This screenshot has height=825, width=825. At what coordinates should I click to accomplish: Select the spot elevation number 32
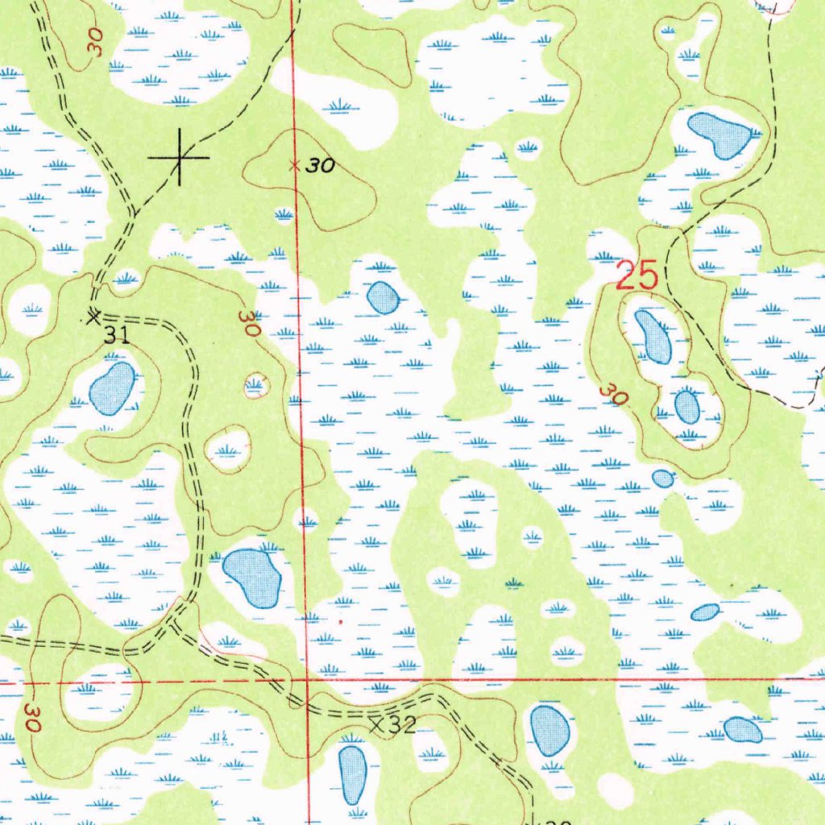(x=401, y=725)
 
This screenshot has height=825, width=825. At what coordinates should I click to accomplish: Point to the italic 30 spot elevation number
(x=321, y=167)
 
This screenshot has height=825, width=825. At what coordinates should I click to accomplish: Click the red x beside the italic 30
(x=295, y=166)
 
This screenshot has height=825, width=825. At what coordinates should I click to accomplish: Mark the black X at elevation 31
(x=93, y=316)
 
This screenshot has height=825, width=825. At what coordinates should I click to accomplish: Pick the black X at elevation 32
(x=376, y=724)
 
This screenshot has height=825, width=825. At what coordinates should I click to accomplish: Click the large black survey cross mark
(x=179, y=157)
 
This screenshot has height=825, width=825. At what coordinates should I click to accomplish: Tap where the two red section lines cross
(x=306, y=680)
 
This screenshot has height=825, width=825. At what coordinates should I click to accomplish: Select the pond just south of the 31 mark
(x=112, y=388)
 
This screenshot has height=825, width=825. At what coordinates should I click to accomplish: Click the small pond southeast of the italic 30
(x=383, y=298)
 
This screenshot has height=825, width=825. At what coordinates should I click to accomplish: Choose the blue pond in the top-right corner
(x=719, y=133)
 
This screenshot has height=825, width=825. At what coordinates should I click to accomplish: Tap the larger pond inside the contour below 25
(x=653, y=336)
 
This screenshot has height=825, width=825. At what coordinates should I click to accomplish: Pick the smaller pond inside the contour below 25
(x=687, y=406)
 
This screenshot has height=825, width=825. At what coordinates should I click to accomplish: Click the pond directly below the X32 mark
(x=352, y=773)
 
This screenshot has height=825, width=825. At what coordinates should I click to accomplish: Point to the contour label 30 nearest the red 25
(x=614, y=394)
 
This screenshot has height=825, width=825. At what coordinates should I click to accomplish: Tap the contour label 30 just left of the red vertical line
(x=251, y=324)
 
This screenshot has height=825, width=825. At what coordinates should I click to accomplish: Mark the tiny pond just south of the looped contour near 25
(x=662, y=479)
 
